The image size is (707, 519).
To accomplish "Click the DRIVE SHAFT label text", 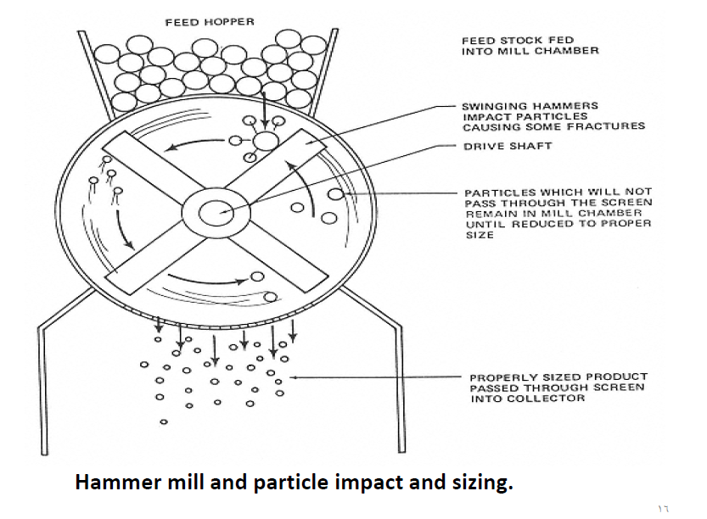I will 507,146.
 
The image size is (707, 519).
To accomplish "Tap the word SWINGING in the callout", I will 491,106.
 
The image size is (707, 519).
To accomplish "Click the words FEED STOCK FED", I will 518,40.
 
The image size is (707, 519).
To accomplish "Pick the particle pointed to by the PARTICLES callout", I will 335,195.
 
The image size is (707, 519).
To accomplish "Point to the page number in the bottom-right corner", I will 663,507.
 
